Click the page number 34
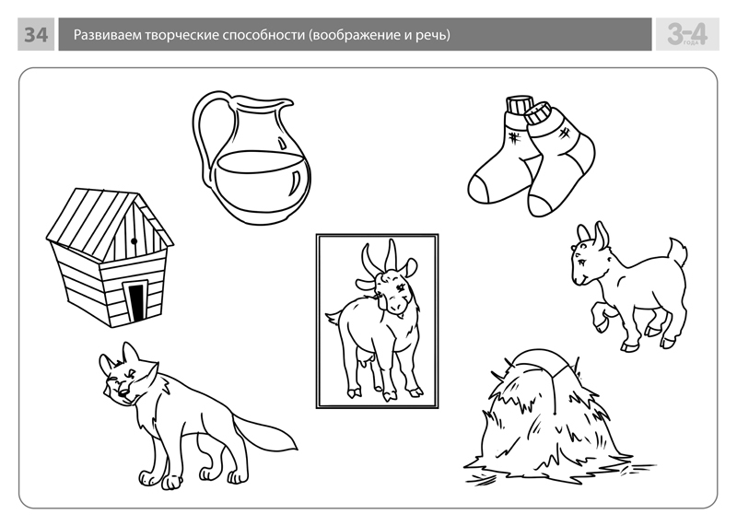36,34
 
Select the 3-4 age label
686,34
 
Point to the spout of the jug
285,103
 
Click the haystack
555,418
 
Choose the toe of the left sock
480,188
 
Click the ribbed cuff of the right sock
537,114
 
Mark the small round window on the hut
134,241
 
